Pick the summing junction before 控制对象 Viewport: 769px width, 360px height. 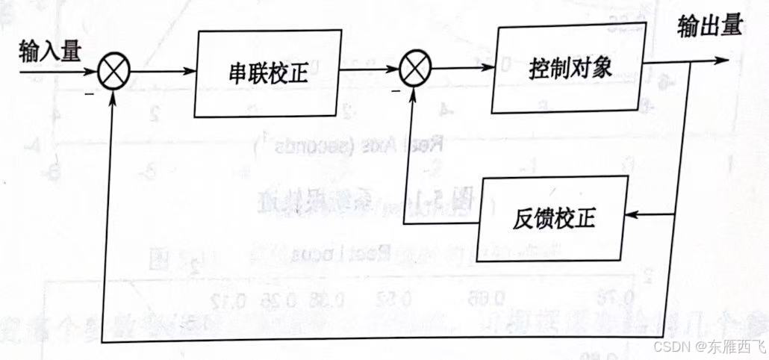411,72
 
